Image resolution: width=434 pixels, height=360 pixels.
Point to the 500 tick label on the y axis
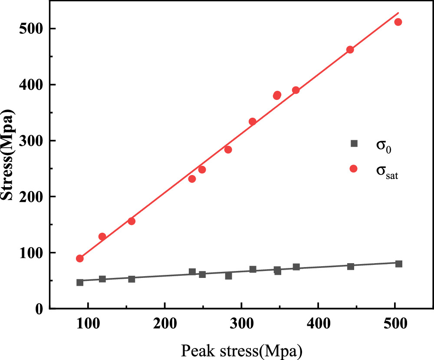[x=33, y=29]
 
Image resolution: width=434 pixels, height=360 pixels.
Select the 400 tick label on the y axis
[x=33, y=85]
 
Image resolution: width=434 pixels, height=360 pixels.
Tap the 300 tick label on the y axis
[x=33, y=141]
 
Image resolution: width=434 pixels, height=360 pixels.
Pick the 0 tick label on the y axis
[x=40, y=309]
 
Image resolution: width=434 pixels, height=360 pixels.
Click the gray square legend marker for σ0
[x=354, y=143]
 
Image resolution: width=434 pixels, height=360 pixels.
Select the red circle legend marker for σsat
[x=354, y=168]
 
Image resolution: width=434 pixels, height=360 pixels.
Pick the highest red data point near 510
[x=398, y=22]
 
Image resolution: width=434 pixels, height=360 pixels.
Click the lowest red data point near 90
[x=80, y=258]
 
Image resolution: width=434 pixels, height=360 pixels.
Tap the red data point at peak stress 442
[x=350, y=50]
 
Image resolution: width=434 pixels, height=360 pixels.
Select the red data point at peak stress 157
[x=132, y=221]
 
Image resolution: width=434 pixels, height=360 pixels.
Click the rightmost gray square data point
[x=398, y=264]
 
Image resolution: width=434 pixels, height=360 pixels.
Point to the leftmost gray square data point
[x=80, y=282]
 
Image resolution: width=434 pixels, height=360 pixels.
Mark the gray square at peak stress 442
[x=350, y=266]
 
